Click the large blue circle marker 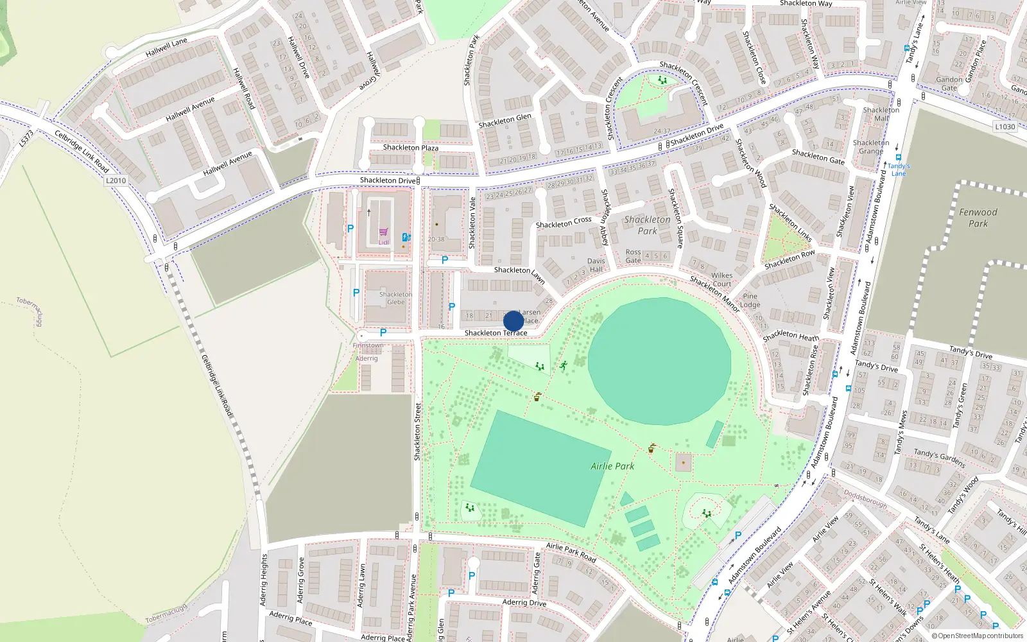513,321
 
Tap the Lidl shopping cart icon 383,232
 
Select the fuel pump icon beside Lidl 406,237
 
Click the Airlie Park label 612,466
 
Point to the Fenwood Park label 978,218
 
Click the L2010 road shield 116,180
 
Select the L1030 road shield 1005,126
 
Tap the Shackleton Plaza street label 411,148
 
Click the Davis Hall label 596,265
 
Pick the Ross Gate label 634,256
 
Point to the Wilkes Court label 722,279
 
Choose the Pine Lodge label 750,300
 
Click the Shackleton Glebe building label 395,298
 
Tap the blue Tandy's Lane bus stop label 899,169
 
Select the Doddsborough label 865,499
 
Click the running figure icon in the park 563,365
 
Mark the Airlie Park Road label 571,552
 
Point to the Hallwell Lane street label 167,47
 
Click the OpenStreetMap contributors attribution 978,636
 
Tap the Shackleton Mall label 881,114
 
